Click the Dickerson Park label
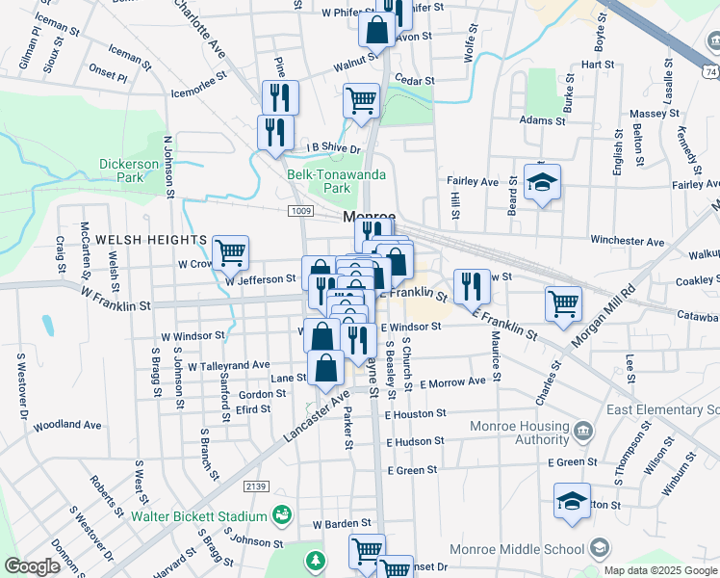[128, 171]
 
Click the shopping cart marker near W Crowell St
[231, 254]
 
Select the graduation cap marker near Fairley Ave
[543, 182]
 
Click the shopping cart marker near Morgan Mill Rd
[564, 302]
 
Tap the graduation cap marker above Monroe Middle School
[572, 502]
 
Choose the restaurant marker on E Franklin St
[471, 286]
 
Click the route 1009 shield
[300, 209]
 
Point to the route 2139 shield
[255, 486]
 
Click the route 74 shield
[709, 72]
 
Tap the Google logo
[32, 566]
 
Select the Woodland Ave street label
[67, 425]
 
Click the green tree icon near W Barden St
[316, 560]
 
